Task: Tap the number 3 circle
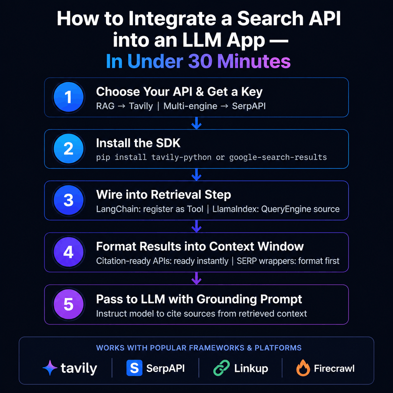coord(68,200)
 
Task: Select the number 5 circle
coord(68,304)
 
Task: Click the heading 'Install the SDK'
coord(138,143)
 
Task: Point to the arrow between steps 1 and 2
coord(196,123)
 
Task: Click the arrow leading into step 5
coord(196,278)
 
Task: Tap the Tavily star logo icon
coord(50,368)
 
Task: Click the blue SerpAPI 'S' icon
coord(134,368)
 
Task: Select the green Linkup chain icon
coord(221,368)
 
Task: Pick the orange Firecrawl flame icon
coord(303,368)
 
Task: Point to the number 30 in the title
coord(198,61)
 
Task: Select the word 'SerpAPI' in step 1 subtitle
coord(249,106)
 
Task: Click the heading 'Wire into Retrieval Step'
coord(163,195)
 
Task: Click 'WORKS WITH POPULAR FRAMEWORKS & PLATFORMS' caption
coord(198,348)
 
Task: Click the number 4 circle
coord(68,252)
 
